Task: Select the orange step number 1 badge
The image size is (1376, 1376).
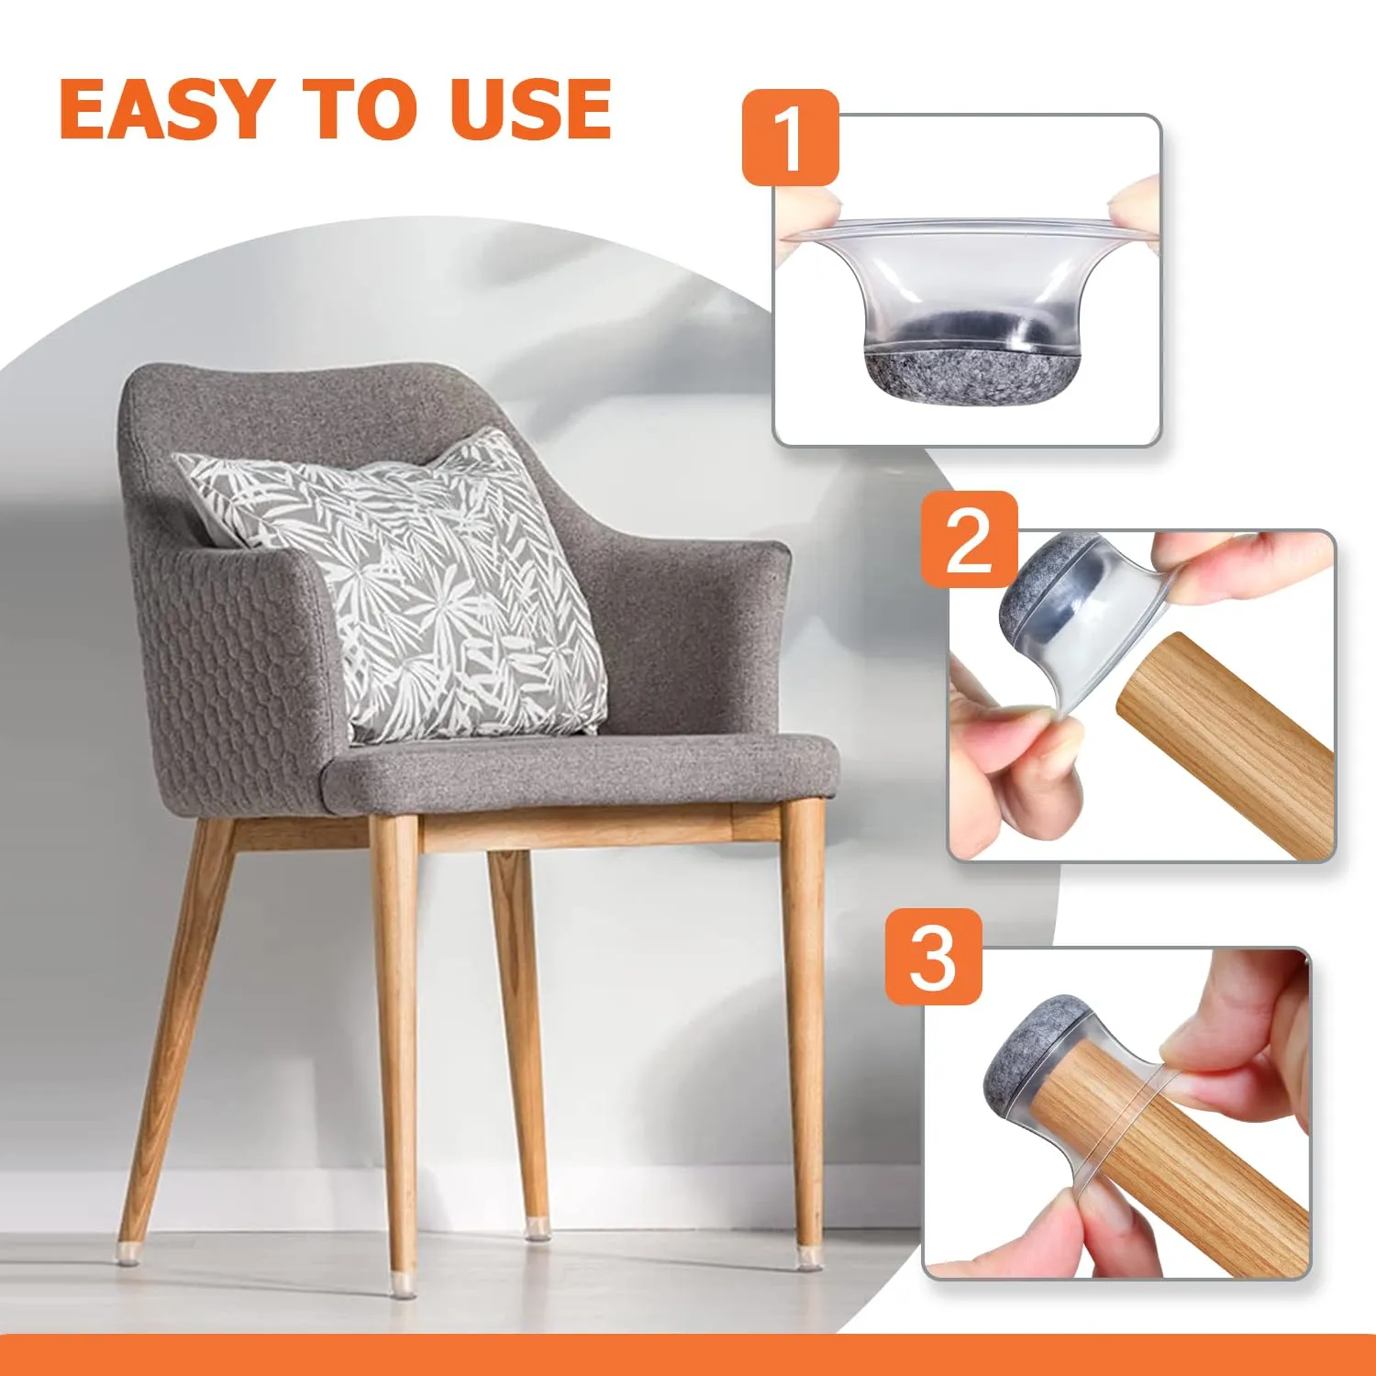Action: [x=790, y=138]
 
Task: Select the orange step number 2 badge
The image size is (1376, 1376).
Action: [x=969, y=539]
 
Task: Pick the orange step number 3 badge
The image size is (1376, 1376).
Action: [x=933, y=957]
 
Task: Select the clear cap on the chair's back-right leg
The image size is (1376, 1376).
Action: [x=538, y=1229]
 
